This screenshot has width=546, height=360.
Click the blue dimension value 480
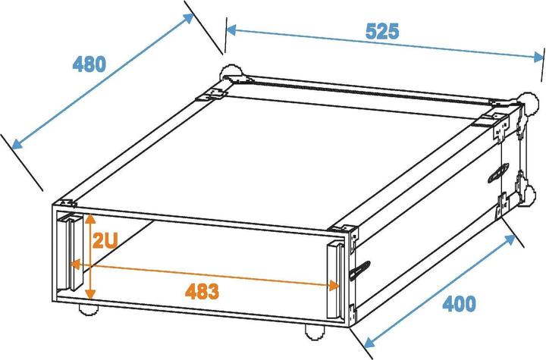[x=89, y=64]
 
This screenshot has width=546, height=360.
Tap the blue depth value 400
[x=460, y=305]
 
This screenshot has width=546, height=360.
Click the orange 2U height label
[x=105, y=241]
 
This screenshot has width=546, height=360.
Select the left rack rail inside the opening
[x=74, y=252]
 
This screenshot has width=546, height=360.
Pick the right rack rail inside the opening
[x=334, y=278]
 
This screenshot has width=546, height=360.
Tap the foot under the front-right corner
[x=313, y=330]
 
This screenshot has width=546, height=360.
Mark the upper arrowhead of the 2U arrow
[x=90, y=219]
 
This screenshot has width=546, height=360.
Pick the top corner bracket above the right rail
[x=342, y=230]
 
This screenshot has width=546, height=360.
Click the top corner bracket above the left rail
[x=66, y=203]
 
